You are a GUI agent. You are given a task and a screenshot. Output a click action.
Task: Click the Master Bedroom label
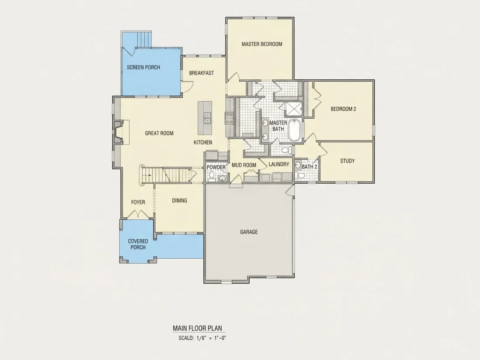tap(262, 44)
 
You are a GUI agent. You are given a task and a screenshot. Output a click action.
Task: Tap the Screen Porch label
tap(143, 67)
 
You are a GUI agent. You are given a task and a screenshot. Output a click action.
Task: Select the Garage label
tap(249, 232)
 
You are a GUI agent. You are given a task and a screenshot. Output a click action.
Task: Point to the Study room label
tap(347, 161)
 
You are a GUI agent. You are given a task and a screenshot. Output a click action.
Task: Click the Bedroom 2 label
tap(343, 109)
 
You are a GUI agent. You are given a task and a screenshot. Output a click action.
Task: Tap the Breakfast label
tap(202, 73)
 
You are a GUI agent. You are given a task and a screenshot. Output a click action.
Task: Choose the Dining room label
tap(179, 201)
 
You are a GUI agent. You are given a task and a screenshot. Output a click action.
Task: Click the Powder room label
tap(216, 168)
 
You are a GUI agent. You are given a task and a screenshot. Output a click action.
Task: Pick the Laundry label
tap(279, 165)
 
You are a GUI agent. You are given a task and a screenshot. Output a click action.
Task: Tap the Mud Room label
tap(243, 165)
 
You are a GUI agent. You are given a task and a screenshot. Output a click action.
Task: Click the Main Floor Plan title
tap(197, 329)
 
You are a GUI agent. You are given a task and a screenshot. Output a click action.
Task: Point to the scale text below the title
tap(202, 338)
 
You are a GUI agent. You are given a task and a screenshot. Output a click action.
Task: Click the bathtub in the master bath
tap(296, 130)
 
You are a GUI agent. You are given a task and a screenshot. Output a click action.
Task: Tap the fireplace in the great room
tap(118, 132)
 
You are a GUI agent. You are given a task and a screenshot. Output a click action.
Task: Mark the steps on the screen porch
tap(144, 39)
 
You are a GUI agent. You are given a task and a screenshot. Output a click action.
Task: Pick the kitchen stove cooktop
tap(229, 118)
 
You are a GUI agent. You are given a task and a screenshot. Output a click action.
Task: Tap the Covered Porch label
tap(138, 244)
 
